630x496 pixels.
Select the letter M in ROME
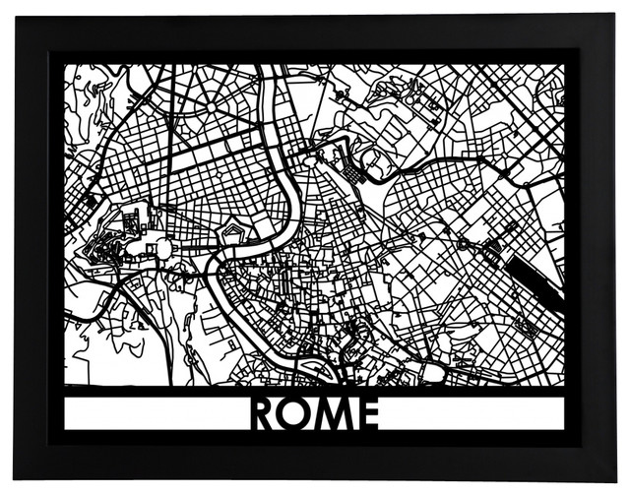(x=334, y=413)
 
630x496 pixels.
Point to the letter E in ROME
(x=367, y=413)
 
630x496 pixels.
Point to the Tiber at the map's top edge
(x=265, y=74)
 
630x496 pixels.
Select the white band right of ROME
(x=472, y=413)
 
